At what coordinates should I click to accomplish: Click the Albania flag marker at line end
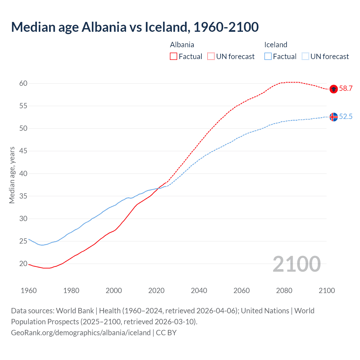pyautogui.click(x=334, y=89)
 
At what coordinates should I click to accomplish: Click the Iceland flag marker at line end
pyautogui.click(x=334, y=117)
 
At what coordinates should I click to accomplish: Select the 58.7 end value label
pyautogui.click(x=346, y=89)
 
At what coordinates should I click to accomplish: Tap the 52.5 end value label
pyautogui.click(x=346, y=117)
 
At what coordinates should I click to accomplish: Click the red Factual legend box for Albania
pyautogui.click(x=174, y=57)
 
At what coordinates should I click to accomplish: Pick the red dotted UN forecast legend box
pyautogui.click(x=211, y=57)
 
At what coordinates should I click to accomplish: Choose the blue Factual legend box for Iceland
pyautogui.click(x=268, y=57)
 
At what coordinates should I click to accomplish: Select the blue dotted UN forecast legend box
pyautogui.click(x=305, y=57)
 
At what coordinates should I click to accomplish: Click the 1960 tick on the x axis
pyautogui.click(x=29, y=291)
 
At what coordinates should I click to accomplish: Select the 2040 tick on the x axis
pyautogui.click(x=199, y=291)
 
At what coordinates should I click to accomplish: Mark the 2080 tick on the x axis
pyautogui.click(x=284, y=291)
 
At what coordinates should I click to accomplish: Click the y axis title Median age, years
pyautogui.click(x=12, y=175)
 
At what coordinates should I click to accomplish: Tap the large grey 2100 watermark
pyautogui.click(x=297, y=264)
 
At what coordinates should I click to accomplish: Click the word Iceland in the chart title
pyautogui.click(x=166, y=27)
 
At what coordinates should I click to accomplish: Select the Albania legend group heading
pyautogui.click(x=182, y=45)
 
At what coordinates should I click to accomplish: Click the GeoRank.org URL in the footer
pyautogui.click(x=81, y=333)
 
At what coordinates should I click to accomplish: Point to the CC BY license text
pyautogui.click(x=166, y=333)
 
